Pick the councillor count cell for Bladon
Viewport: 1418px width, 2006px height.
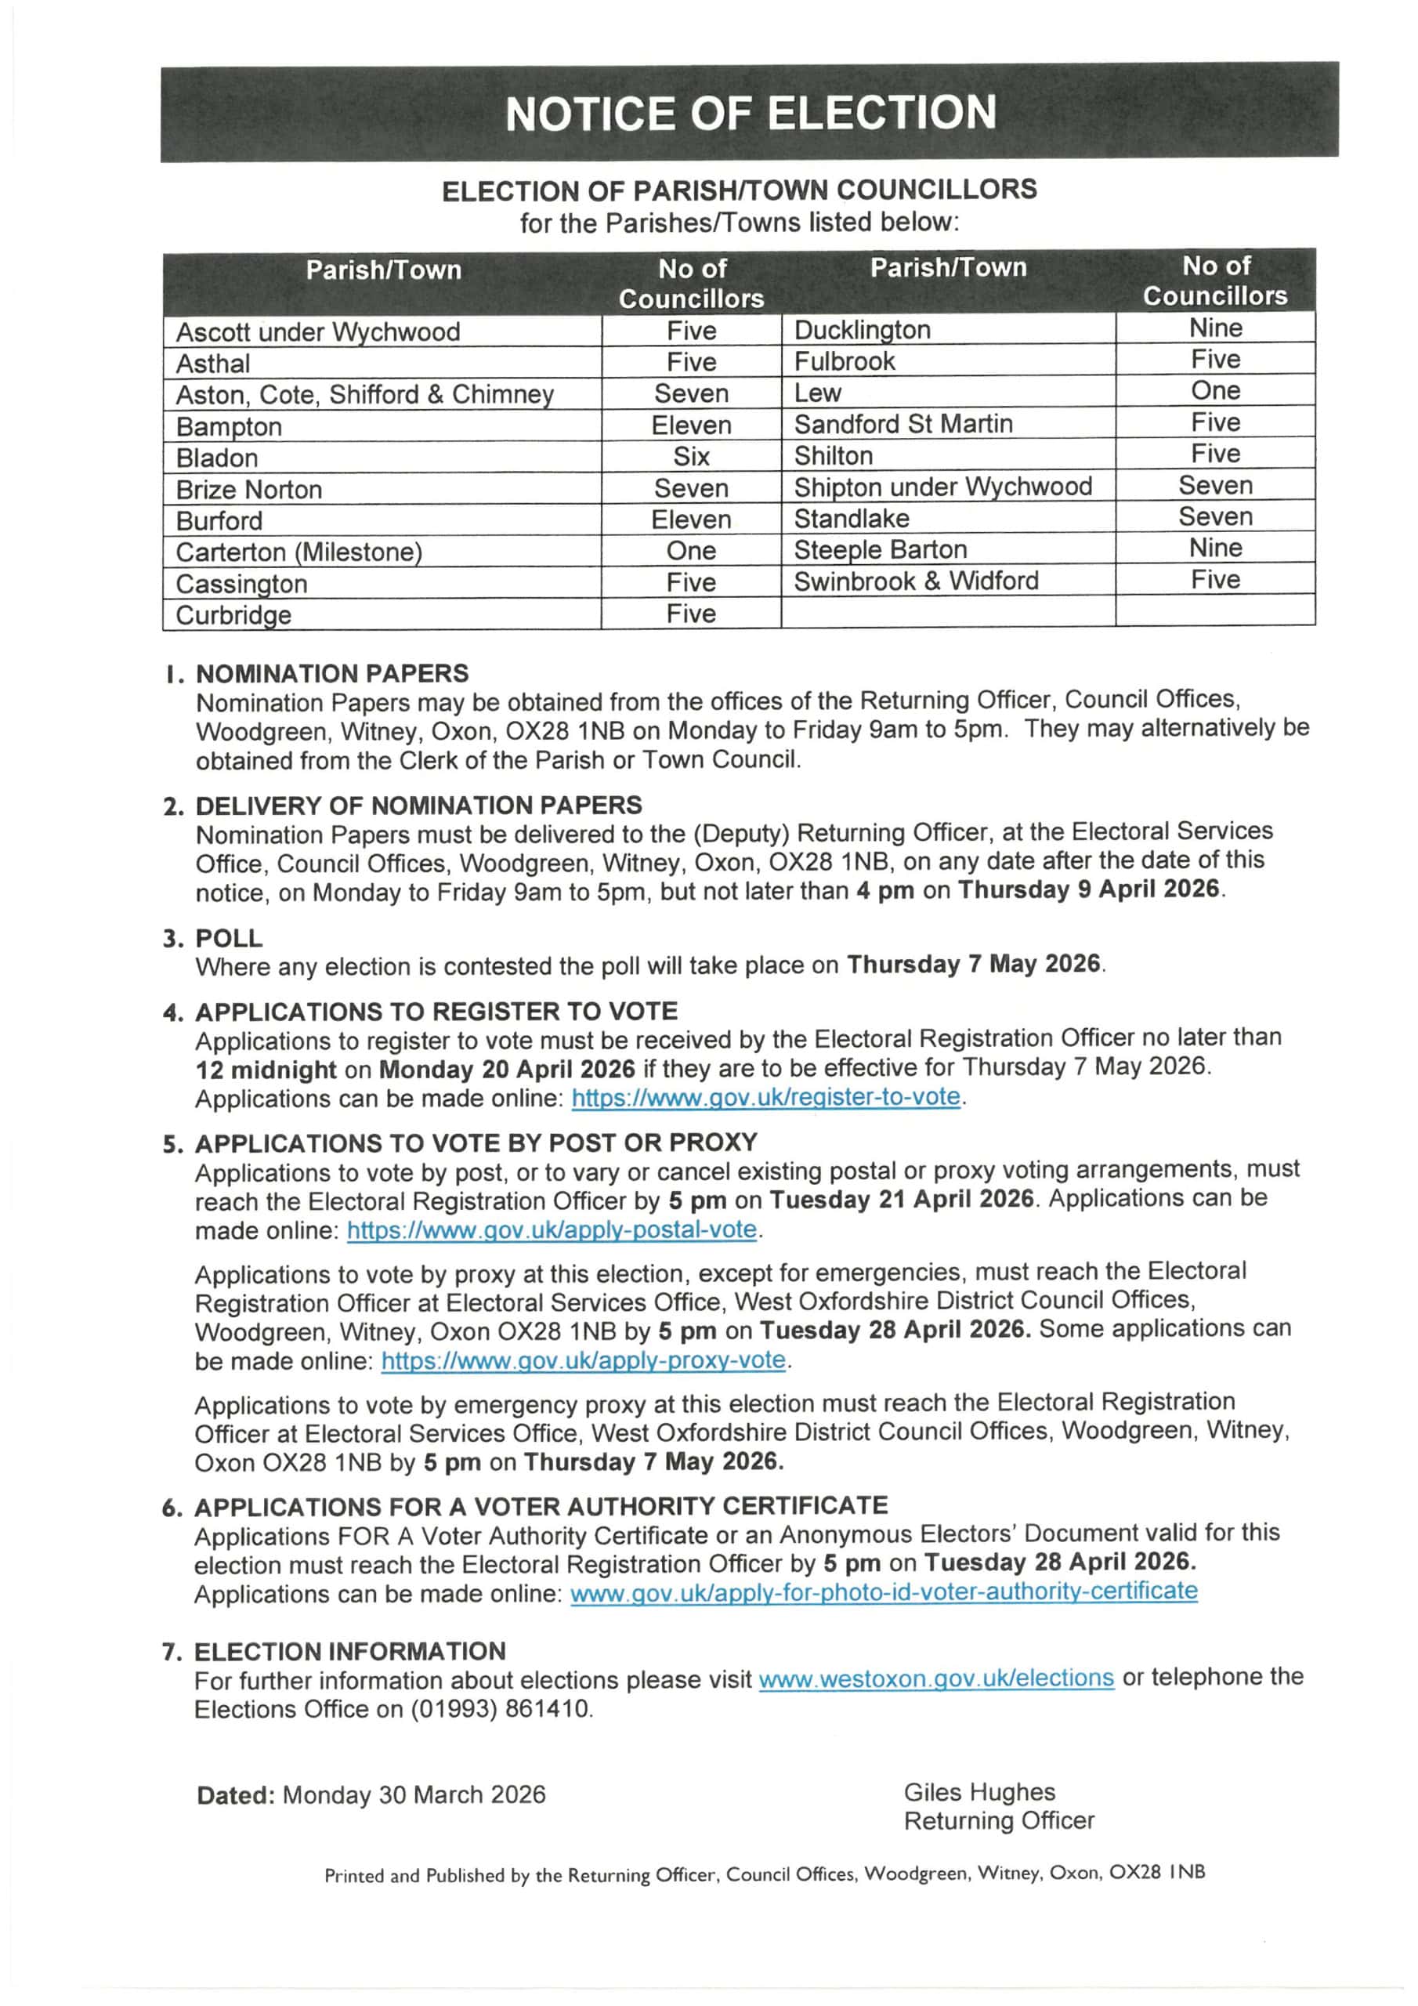691,456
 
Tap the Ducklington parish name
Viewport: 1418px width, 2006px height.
862,329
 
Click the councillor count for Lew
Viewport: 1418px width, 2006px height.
1214,390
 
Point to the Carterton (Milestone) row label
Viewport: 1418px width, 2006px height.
298,552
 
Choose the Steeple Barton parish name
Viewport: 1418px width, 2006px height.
880,549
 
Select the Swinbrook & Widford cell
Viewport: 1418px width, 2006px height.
916,581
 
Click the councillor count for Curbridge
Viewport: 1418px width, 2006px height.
691,614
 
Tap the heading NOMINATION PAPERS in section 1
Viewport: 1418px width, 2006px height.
332,674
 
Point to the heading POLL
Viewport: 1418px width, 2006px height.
229,937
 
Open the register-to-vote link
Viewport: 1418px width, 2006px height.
765,1096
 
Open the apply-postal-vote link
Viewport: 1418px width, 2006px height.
552,1229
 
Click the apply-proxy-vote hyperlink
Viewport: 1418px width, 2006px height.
584,1360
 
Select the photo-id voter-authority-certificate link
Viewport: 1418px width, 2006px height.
883,1591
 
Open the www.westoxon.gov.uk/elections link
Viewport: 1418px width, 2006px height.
935,1678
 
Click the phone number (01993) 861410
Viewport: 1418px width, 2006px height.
501,1708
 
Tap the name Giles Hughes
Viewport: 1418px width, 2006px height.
978,1792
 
